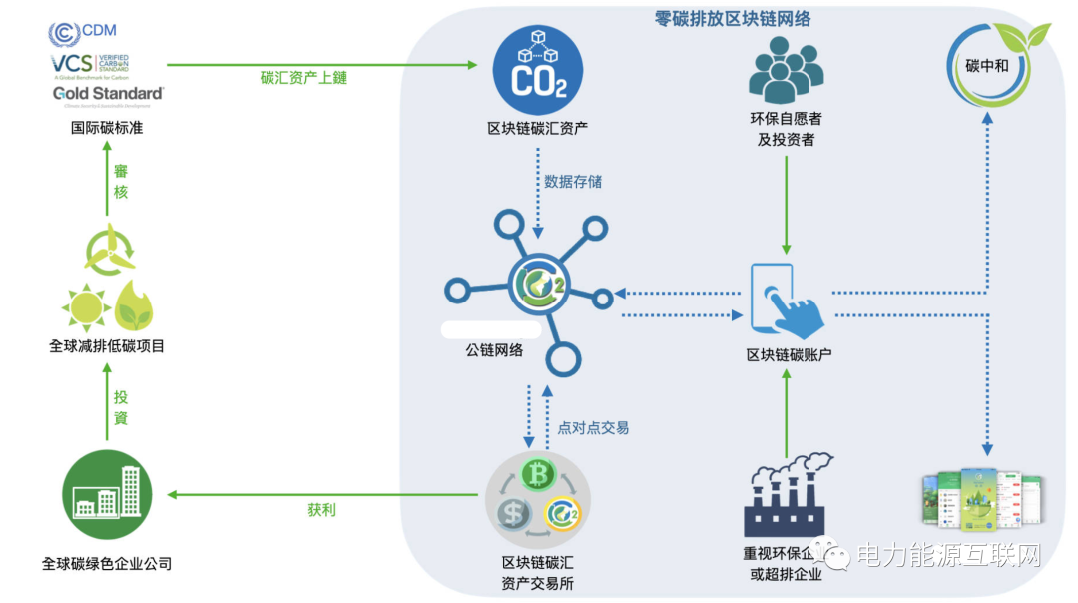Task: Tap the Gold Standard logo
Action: [108, 94]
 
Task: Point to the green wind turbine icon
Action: [107, 249]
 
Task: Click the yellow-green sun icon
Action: [85, 305]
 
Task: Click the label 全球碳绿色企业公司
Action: [107, 564]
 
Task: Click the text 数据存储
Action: [573, 182]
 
